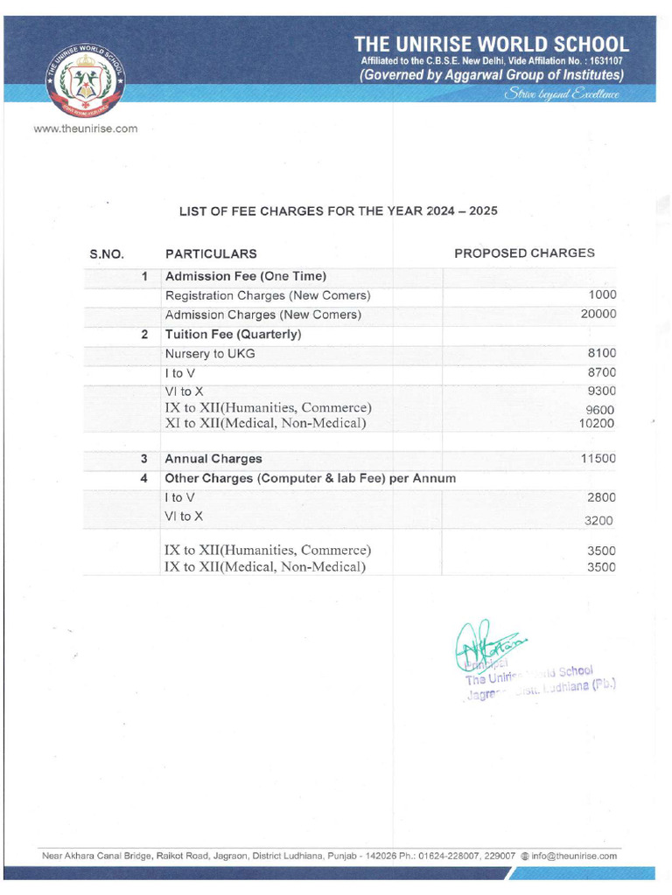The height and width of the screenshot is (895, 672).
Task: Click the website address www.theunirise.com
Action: (85, 128)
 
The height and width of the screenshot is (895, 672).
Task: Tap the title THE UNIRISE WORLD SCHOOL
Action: (491, 44)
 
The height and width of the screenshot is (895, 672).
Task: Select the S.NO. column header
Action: (107, 254)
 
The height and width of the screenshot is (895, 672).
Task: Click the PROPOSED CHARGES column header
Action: (524, 253)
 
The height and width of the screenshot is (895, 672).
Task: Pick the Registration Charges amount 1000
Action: (602, 295)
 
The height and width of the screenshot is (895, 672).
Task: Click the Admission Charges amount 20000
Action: (598, 314)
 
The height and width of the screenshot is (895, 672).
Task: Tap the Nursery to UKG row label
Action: (210, 353)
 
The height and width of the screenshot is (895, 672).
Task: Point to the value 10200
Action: (598, 424)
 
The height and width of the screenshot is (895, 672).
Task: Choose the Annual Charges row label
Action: (213, 458)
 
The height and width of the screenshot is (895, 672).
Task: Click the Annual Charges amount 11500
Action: (598, 458)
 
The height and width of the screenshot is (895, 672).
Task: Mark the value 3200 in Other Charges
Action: (600, 521)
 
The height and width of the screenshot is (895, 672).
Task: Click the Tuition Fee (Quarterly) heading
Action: (234, 334)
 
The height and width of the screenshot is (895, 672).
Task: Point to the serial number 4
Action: (144, 478)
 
